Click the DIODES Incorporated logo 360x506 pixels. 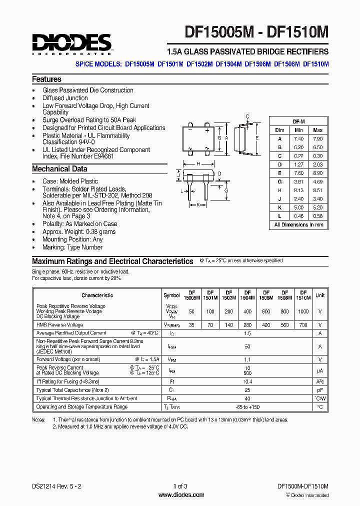71,44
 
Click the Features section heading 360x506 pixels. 46,79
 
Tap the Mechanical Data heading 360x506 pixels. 59,169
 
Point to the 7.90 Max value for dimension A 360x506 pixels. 317,138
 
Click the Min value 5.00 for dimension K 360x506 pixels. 299,207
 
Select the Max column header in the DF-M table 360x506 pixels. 317,130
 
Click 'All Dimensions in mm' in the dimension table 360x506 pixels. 298,225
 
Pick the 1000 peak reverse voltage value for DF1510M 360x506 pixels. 302,311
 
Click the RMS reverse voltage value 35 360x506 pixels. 191,324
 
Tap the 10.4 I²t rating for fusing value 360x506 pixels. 247,381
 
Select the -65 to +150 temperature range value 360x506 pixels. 247,406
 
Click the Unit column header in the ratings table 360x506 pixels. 320,295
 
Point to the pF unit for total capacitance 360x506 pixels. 320,389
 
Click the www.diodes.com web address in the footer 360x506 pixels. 181,495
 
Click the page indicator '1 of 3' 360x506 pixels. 180,486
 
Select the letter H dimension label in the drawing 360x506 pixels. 198,164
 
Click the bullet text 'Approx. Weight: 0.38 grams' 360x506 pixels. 79,231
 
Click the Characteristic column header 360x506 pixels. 97,295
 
